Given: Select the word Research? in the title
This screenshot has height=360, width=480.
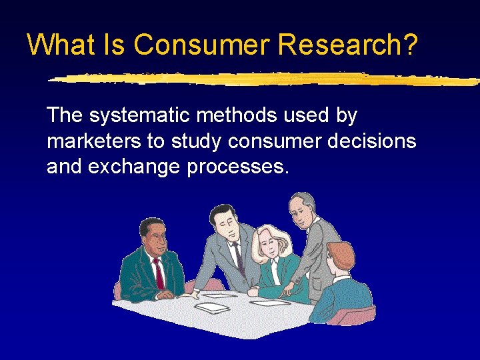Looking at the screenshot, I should (348, 45).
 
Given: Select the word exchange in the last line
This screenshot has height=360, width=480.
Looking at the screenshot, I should (141, 167).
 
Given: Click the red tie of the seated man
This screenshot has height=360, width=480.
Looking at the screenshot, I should (159, 273).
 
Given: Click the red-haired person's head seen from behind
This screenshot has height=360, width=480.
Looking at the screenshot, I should (341, 257).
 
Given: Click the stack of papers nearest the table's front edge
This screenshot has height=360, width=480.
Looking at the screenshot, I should (212, 307).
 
